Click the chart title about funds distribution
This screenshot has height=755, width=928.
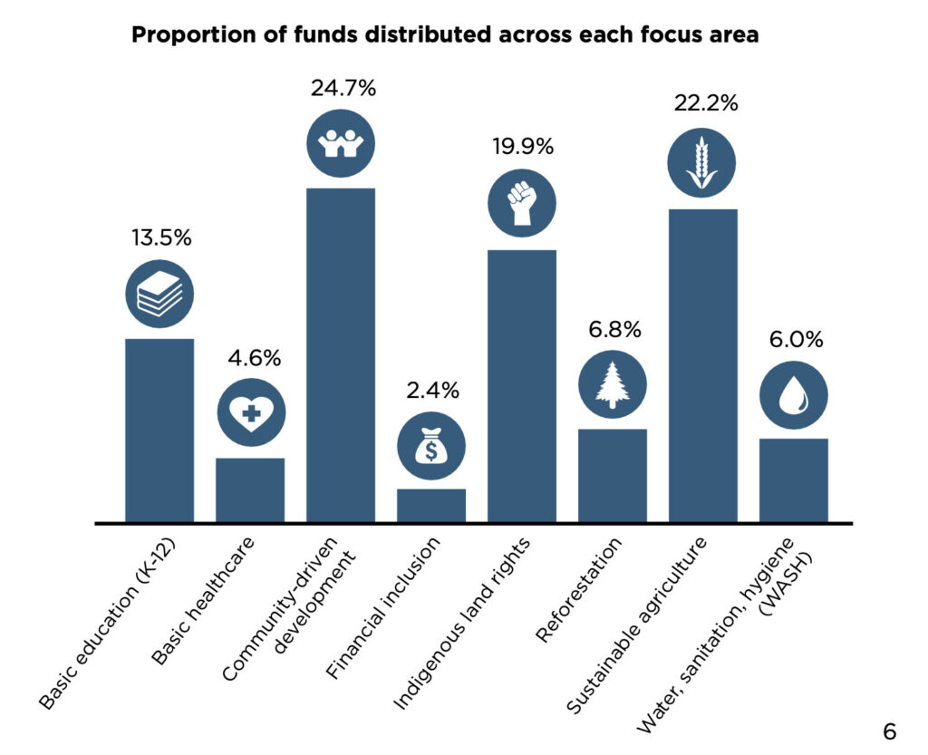tap(445, 36)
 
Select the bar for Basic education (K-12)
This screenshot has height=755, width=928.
tap(159, 430)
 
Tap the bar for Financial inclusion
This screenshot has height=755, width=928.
tap(431, 505)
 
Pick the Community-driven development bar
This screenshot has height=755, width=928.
tap(341, 354)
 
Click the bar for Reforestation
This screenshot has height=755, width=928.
tap(613, 475)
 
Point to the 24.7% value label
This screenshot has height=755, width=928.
tap(343, 89)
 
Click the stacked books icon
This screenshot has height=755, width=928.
tap(159, 293)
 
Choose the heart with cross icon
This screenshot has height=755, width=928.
tap(251, 413)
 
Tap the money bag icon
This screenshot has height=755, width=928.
tap(431, 444)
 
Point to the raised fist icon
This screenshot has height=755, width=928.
tap(522, 202)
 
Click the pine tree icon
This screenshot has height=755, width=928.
tap(613, 383)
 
